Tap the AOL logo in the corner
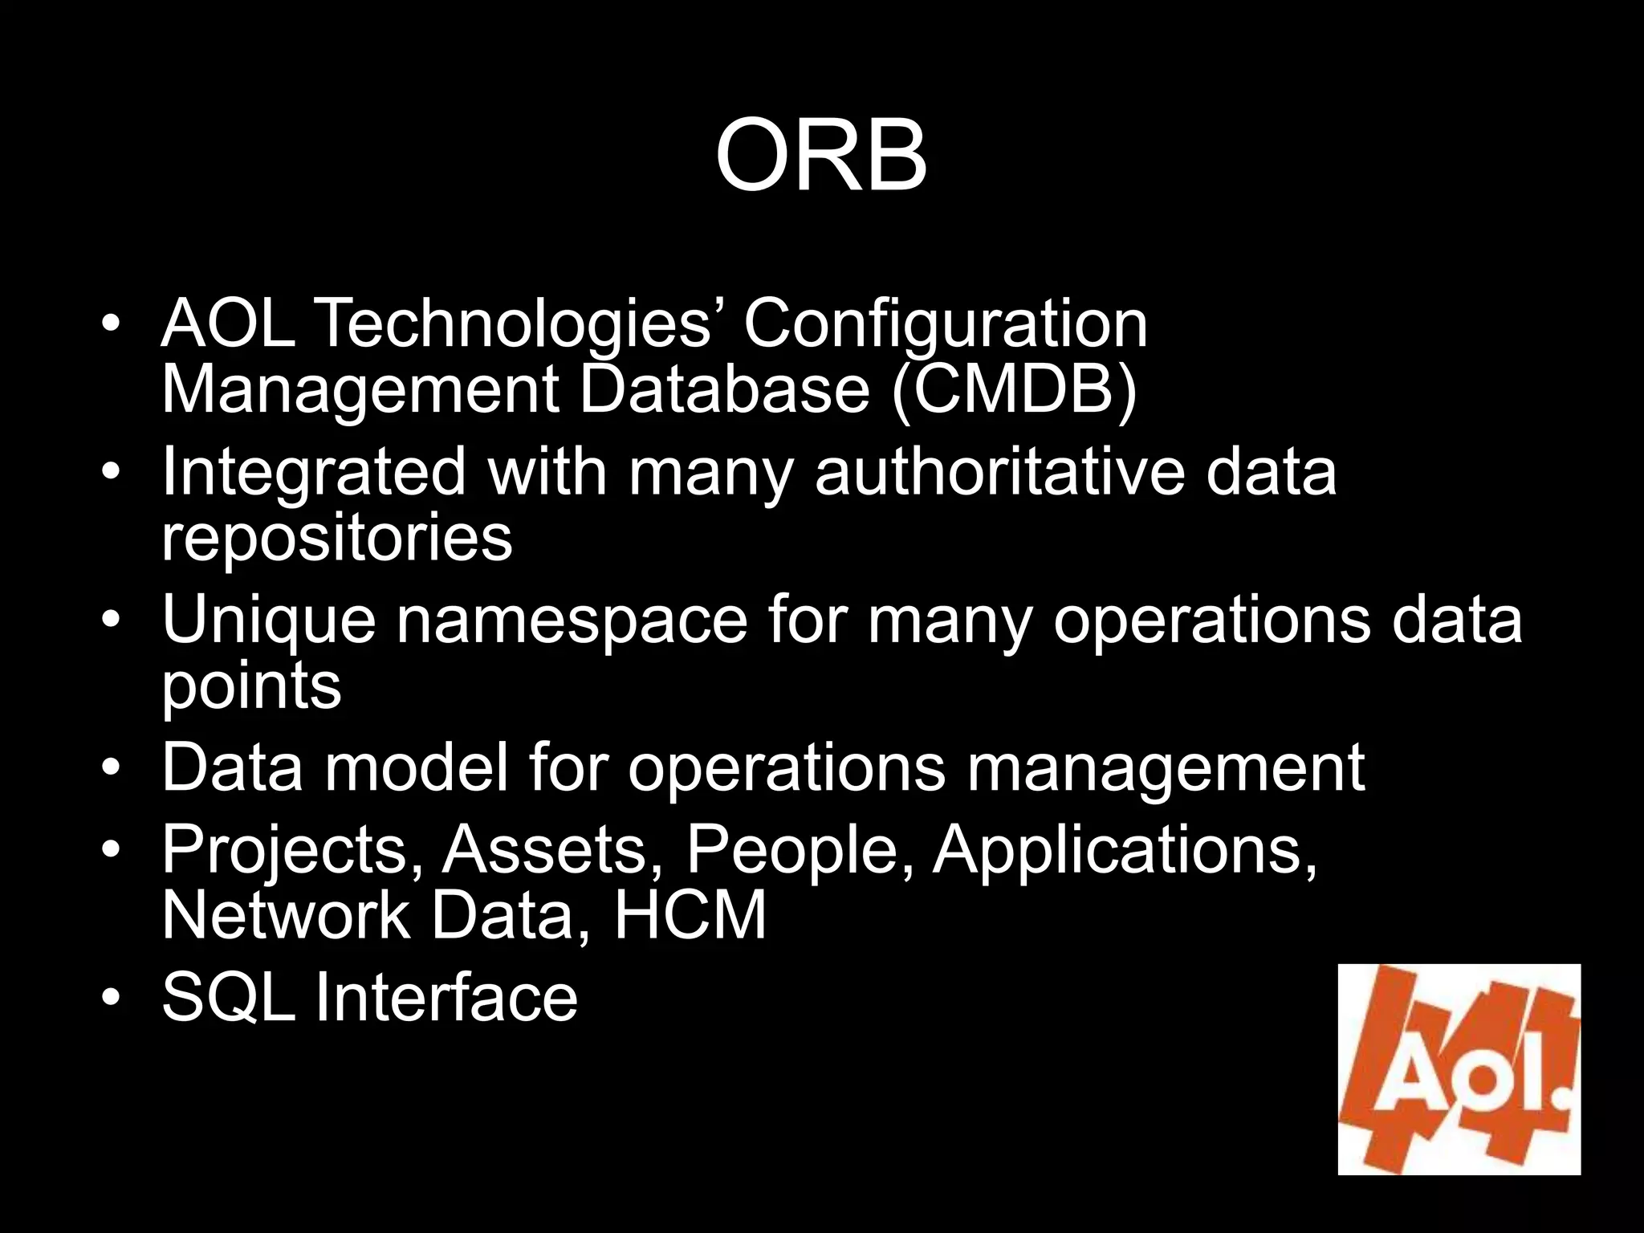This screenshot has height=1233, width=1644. pyautogui.click(x=1459, y=1069)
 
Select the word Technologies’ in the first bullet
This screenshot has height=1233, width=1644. pyautogui.click(x=516, y=324)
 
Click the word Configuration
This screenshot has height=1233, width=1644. pyautogui.click(x=945, y=325)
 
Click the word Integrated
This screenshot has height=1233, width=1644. pyautogui.click(x=314, y=474)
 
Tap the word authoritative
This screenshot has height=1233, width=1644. pyautogui.click(x=999, y=472)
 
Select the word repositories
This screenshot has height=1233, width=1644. pyautogui.click(x=336, y=539)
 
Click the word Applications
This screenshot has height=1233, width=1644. pyautogui.click(x=1124, y=851)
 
